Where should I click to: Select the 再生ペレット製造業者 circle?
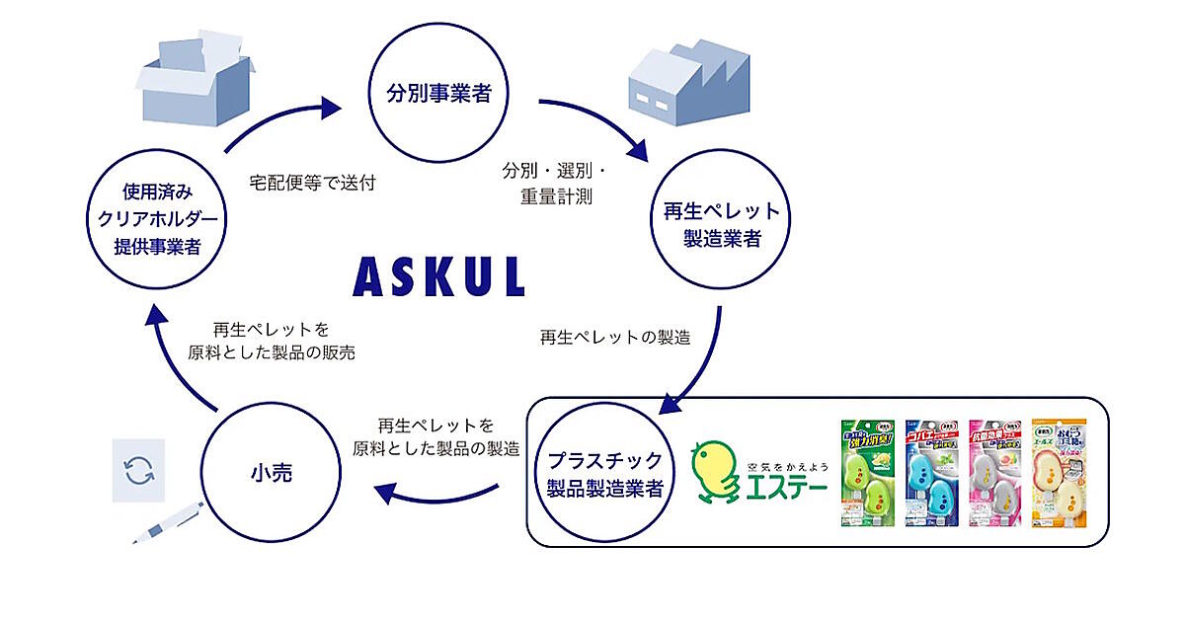(x=718, y=224)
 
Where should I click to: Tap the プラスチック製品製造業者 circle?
(x=606, y=472)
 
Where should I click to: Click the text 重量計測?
(x=556, y=195)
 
